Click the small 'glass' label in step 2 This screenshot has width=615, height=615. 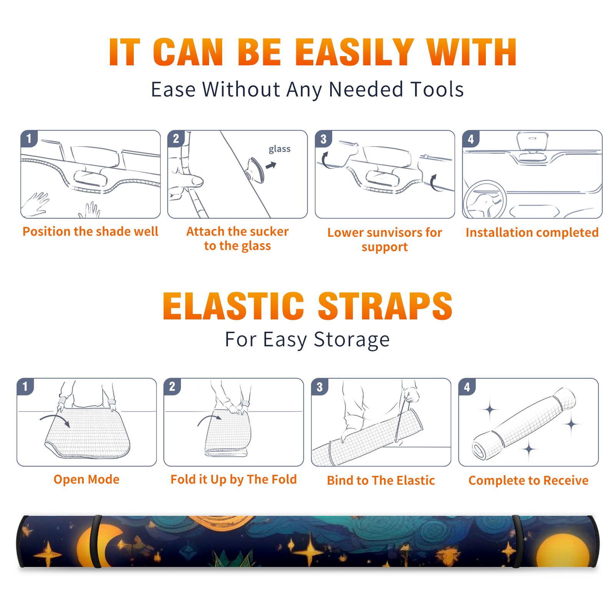(279, 149)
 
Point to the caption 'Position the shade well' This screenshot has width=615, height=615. (90, 231)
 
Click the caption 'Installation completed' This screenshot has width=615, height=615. (532, 232)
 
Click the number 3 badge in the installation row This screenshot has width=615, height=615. (323, 139)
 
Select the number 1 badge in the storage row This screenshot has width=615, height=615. (25, 386)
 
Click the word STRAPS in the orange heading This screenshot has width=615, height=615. (385, 306)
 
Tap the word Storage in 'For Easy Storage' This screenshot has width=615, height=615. (352, 340)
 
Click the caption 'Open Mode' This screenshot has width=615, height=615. (86, 479)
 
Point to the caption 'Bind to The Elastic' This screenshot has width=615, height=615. (381, 480)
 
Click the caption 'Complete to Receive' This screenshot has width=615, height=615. (529, 480)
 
